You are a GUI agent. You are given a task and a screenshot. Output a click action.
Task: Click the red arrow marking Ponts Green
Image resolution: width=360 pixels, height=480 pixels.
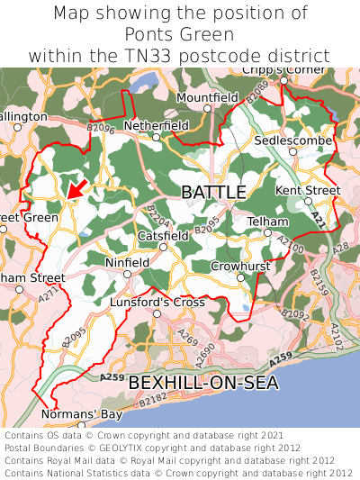coord(77,187)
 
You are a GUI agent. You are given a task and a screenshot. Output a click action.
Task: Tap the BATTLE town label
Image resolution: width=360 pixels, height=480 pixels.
coord(213,193)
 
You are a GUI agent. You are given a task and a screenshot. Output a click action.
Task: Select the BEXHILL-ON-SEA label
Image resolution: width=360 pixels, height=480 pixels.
coord(202,383)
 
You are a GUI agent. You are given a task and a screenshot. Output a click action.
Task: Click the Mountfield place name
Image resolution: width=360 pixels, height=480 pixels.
coord(207,97)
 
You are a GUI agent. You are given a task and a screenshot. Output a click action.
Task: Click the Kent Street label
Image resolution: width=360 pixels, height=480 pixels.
coord(308,191)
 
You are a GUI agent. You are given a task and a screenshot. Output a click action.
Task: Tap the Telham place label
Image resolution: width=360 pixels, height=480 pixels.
coord(267,222)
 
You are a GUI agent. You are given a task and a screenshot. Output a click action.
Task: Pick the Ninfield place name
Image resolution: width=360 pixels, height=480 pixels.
coord(126,264)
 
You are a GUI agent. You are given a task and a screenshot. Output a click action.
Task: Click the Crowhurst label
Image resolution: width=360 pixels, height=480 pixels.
coord(240,267)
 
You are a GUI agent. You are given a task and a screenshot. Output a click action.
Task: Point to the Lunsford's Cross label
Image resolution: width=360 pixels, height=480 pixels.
coord(157,303)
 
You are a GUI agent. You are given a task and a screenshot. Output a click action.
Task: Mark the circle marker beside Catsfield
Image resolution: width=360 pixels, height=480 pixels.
coord(163,246)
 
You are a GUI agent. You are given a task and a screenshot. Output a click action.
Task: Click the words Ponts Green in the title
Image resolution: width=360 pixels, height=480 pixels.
coord(180,34)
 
